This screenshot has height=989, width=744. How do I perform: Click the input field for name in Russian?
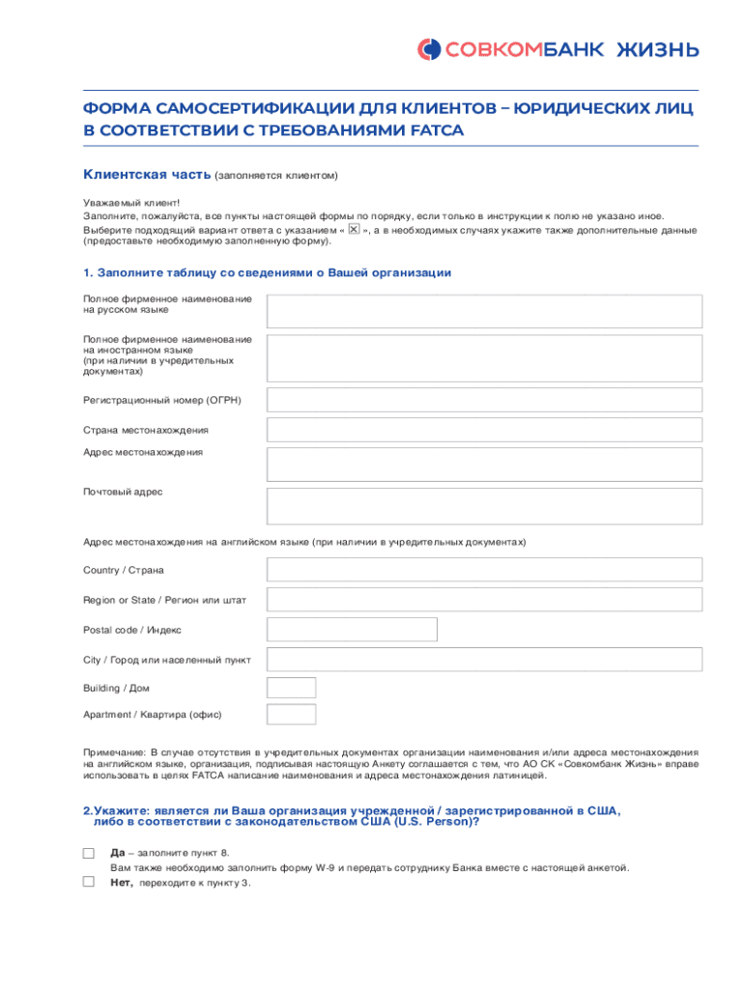click(484, 311)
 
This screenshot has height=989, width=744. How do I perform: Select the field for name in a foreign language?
click(484, 355)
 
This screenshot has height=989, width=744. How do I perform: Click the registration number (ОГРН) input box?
click(484, 400)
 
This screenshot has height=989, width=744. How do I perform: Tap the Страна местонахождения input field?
click(484, 430)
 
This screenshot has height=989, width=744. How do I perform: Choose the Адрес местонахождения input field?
click(484, 464)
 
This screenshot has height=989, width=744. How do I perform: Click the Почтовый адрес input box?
click(484, 505)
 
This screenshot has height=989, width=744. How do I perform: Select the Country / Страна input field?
click(484, 570)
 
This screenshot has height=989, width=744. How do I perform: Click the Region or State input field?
click(484, 600)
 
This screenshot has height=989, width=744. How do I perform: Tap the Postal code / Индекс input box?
click(352, 630)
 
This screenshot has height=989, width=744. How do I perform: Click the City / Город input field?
click(484, 660)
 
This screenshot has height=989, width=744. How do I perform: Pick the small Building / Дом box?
click(291, 688)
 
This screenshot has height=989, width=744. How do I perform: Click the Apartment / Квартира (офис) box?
click(291, 714)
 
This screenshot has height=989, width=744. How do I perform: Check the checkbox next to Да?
click(89, 853)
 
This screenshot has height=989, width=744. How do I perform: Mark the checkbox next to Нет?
click(89, 882)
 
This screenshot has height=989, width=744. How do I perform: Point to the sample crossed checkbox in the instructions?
click(354, 230)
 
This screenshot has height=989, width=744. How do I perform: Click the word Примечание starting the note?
click(114, 751)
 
